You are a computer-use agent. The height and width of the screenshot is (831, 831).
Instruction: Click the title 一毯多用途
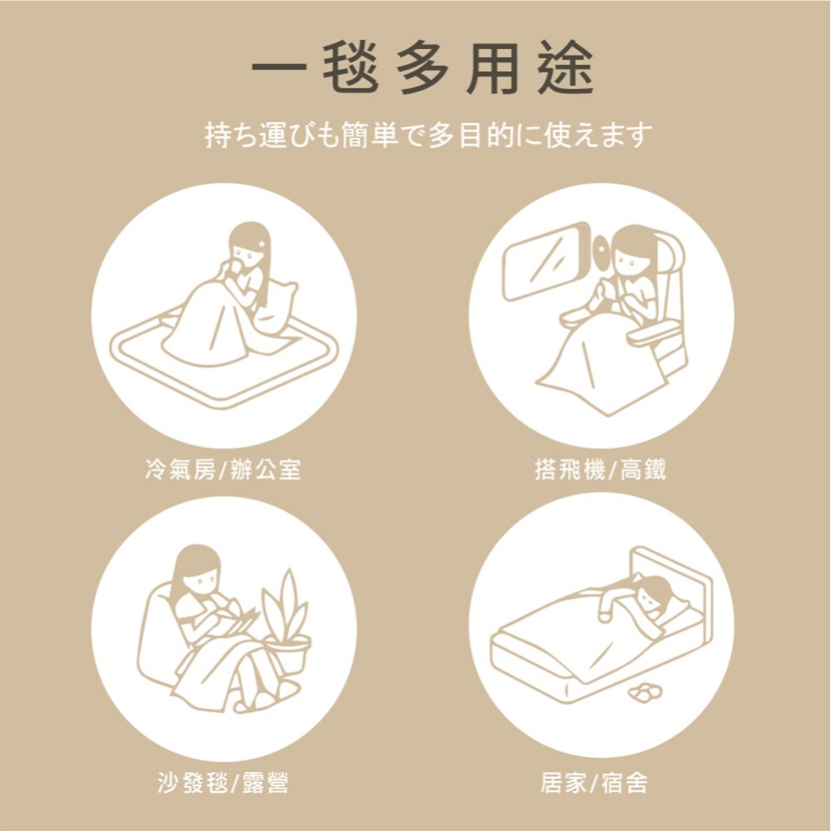[x=423, y=67]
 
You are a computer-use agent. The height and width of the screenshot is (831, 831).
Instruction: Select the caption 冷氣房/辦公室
[x=223, y=470]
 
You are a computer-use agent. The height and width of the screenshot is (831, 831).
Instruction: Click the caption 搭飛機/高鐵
[x=600, y=470]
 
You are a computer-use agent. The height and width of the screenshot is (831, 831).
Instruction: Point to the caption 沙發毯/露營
[x=223, y=782]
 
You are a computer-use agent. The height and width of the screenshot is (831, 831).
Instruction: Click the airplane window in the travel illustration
[x=545, y=258]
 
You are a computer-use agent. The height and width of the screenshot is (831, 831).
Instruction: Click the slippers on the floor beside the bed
[x=639, y=691]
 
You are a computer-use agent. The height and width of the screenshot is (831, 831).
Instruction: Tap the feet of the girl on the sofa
[x=264, y=698]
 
